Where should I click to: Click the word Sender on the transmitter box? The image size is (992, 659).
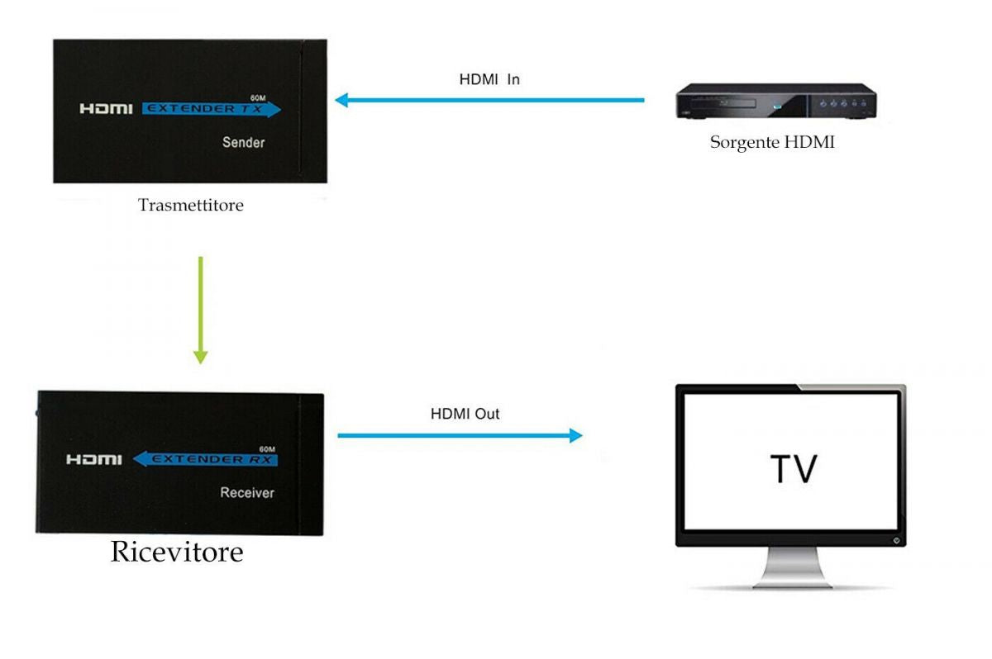[243, 142]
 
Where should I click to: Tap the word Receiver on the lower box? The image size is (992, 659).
[246, 493]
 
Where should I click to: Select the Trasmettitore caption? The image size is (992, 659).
[190, 205]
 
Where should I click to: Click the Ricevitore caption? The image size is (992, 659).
[177, 551]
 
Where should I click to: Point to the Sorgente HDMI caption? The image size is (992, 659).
[772, 142]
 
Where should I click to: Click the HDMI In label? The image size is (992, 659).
[489, 80]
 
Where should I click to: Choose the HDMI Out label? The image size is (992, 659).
[465, 413]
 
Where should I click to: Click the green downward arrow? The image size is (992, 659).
[200, 310]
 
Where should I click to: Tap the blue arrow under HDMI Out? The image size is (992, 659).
[460, 435]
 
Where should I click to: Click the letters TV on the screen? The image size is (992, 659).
[793, 468]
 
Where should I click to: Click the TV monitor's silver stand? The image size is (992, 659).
[791, 569]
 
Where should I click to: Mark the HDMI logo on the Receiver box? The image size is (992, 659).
[93, 459]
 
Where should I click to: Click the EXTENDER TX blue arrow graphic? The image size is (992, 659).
[211, 109]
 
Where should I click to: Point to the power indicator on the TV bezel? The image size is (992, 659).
[896, 541]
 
